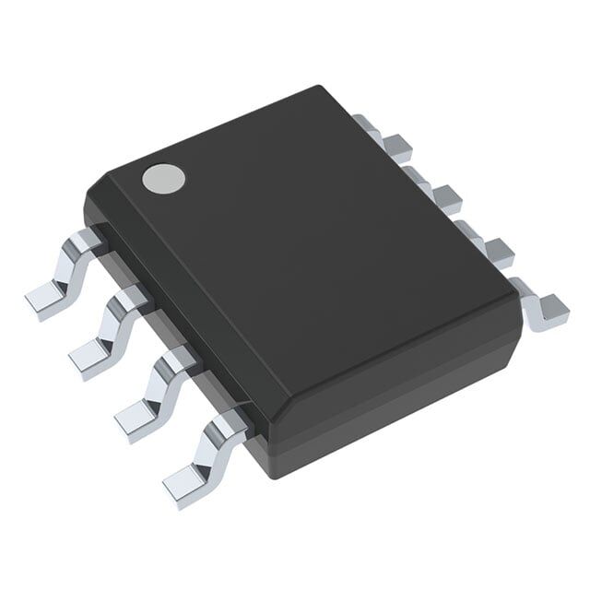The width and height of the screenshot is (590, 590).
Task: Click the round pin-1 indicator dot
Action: tap(163, 178)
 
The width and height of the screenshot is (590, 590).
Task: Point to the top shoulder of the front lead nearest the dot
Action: tap(88, 241)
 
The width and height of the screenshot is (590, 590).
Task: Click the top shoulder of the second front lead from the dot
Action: tap(131, 298)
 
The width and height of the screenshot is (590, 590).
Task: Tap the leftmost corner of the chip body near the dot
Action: tap(85, 198)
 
